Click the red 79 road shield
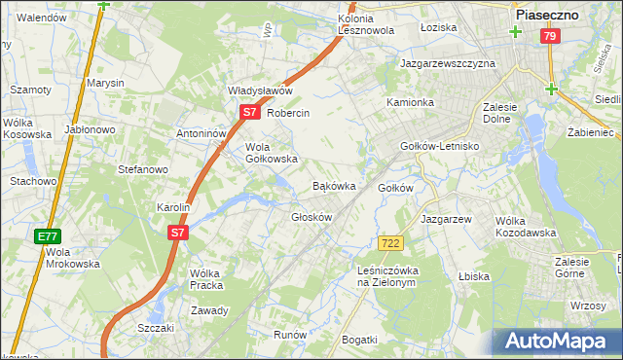551,36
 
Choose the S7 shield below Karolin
176,233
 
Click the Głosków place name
311,217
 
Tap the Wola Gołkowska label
271,152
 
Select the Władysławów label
260,90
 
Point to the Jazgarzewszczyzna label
448,63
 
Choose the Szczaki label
155,328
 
